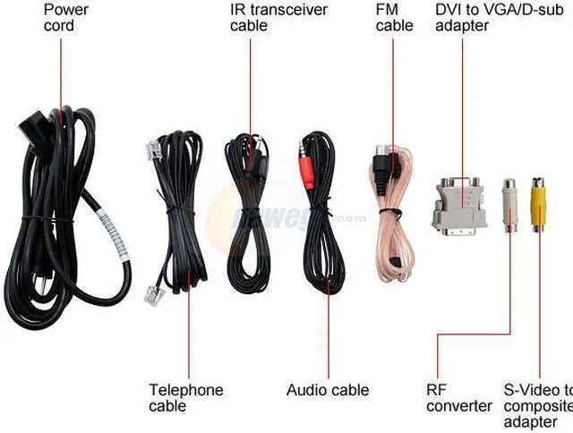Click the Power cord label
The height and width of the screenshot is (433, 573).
click(66, 18)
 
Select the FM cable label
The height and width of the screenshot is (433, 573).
click(395, 18)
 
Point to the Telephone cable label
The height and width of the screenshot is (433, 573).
click(185, 398)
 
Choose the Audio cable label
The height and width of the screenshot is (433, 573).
click(328, 390)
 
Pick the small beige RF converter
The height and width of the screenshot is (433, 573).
click(509, 203)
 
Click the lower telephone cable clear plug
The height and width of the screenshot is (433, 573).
click(152, 293)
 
